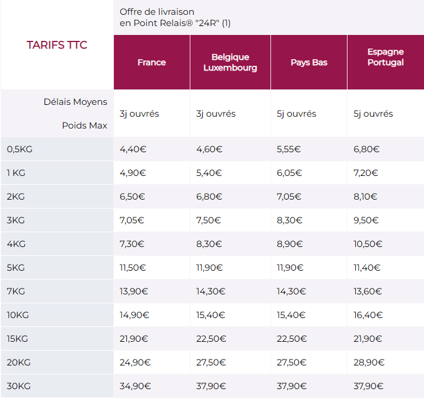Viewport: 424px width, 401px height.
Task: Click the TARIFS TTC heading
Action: point(57,45)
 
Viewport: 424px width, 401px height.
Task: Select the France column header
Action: point(151,62)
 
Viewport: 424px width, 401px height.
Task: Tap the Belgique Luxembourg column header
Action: point(230,62)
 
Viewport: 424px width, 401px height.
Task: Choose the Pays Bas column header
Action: point(309,62)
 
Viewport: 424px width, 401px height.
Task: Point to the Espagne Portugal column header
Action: point(385,57)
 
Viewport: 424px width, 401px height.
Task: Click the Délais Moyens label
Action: point(75,102)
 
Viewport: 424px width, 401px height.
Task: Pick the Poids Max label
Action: point(84,126)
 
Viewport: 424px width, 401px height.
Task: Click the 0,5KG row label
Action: point(20,149)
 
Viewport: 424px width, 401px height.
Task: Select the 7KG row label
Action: point(16,291)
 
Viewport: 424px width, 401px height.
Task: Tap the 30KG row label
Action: point(19,386)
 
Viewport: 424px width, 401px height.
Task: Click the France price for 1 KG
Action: point(133,173)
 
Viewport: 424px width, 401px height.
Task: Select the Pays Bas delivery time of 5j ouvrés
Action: point(297,114)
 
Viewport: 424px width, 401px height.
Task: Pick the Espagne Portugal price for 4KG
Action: point(368,244)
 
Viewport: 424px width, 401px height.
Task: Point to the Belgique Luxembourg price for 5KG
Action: point(210,268)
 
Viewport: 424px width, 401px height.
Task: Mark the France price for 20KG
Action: point(135,362)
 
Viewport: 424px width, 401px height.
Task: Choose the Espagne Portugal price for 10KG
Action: point(368,315)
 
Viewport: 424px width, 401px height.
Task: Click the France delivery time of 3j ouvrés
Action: point(139,114)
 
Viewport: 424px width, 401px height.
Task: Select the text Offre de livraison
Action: point(157,12)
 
